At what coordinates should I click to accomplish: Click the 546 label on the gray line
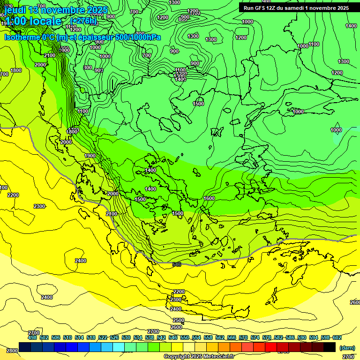(177, 264)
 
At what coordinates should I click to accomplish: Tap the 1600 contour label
(209, 198)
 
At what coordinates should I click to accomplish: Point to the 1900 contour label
(90, 156)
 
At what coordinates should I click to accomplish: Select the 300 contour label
(88, 67)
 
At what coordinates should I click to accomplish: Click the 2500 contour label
(178, 320)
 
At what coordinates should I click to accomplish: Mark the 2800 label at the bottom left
(12, 350)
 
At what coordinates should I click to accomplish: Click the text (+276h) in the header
(83, 21)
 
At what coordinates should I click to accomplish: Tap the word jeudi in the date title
(15, 9)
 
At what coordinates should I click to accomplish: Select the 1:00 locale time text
(33, 21)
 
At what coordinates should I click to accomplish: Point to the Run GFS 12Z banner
(296, 8)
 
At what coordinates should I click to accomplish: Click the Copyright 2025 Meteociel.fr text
(199, 356)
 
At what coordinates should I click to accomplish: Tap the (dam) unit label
(347, 347)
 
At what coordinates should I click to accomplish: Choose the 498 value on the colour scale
(32, 337)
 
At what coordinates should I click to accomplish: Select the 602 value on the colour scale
(337, 337)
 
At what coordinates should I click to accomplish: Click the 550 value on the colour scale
(185, 337)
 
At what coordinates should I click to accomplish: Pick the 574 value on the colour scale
(255, 337)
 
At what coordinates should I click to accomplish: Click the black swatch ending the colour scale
(330, 347)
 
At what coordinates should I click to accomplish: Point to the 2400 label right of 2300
(81, 261)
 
